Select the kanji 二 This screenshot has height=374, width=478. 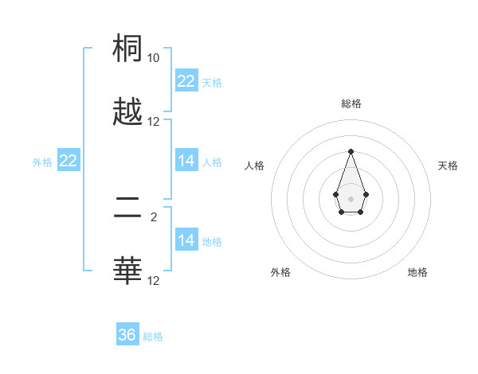click(128, 208)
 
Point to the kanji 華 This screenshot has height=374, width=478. click(128, 271)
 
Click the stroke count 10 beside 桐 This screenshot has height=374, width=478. click(154, 58)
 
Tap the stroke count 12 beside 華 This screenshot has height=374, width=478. click(154, 281)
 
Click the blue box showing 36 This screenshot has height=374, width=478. click(127, 335)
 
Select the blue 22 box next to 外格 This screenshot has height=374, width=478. click(69, 161)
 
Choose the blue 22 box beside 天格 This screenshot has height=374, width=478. click(186, 81)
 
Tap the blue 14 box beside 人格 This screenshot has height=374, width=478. click(186, 161)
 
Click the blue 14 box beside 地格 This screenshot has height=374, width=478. click(186, 240)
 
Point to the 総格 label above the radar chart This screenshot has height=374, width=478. click(351, 103)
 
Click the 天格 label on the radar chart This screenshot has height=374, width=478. click(448, 166)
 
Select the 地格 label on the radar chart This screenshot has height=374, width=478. click(417, 272)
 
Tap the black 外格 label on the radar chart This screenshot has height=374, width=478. click(280, 272)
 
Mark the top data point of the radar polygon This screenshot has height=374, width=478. click(351, 151)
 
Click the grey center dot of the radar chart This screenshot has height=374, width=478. click(351, 197)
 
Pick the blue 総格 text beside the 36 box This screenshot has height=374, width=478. click(153, 337)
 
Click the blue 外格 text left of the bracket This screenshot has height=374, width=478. click(42, 162)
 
